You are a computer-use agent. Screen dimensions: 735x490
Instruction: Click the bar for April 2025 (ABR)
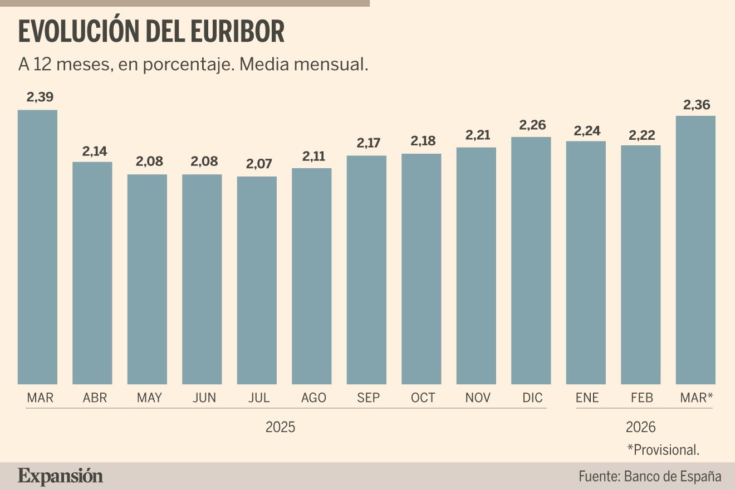(92, 273)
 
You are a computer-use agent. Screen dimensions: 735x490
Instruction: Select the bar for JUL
(257, 280)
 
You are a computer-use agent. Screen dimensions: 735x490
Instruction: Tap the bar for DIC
(531, 261)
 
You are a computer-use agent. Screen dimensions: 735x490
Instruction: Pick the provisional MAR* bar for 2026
(695, 250)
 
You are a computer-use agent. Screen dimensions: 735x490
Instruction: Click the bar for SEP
(366, 270)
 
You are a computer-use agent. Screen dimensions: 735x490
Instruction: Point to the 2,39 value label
(40, 97)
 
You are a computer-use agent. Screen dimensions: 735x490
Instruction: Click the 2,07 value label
(259, 164)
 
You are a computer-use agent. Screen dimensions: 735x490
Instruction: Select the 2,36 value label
(697, 105)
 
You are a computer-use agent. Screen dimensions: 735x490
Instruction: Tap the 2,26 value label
(532, 125)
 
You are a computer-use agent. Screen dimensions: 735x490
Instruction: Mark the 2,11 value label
(313, 156)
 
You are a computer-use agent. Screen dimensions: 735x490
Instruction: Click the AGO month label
(313, 398)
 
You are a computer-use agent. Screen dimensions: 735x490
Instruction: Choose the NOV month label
(478, 398)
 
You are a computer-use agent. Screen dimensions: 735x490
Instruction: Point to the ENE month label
(587, 398)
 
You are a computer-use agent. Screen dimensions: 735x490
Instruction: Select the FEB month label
(642, 398)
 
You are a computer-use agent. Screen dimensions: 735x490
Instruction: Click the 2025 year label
(280, 427)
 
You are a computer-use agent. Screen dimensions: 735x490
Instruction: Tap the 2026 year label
(640, 427)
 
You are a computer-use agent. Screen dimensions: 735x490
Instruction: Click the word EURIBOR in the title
(237, 32)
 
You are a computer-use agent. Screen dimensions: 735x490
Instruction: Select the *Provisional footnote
(663, 450)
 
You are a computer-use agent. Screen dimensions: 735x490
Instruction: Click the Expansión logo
(60, 477)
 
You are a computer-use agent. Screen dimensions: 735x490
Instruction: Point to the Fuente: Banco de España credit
(650, 477)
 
